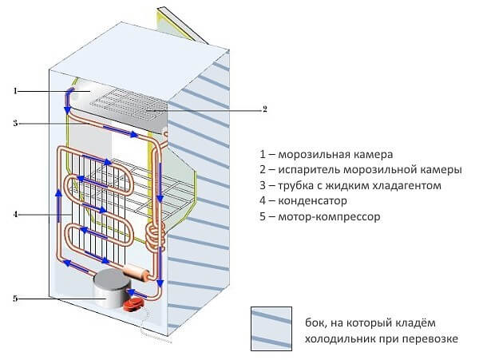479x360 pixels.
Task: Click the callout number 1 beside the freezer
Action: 15,91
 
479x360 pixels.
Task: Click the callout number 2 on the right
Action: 265,109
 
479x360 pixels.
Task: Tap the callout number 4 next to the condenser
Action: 15,215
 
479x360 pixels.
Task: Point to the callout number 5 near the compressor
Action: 15,299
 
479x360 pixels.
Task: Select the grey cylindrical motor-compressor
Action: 111,288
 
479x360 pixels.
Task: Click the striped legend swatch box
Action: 271,329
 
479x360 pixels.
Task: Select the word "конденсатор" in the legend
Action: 312,201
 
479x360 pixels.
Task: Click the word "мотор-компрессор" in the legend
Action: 329,217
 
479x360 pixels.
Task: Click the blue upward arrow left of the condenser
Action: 58,205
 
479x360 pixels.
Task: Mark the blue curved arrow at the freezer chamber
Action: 69,101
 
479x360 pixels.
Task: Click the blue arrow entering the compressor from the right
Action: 137,294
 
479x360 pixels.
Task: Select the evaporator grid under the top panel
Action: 129,105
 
